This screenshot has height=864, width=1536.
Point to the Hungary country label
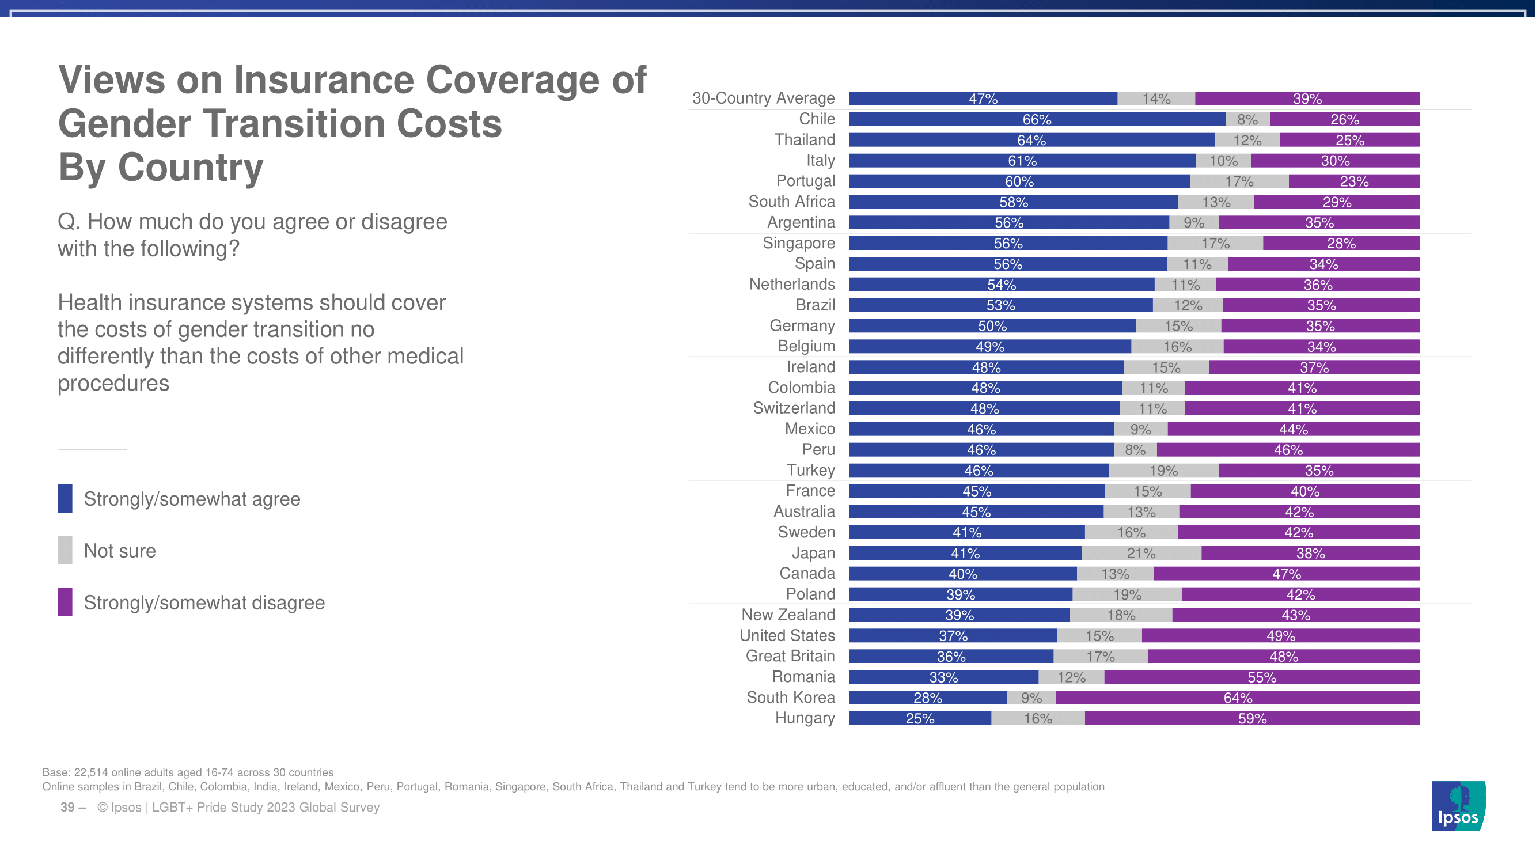pyautogui.click(x=805, y=718)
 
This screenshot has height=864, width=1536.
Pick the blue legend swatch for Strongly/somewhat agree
pyautogui.click(x=65, y=498)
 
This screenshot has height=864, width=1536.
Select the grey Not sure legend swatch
pyautogui.click(x=65, y=550)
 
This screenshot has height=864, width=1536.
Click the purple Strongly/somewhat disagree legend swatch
pyautogui.click(x=65, y=602)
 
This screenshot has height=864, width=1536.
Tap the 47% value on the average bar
pyautogui.click(x=983, y=99)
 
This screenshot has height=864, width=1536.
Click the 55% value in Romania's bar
pyautogui.click(x=1262, y=677)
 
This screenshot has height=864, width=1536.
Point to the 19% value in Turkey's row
pyautogui.click(x=1163, y=471)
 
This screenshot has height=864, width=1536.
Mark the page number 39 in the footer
pyautogui.click(x=67, y=808)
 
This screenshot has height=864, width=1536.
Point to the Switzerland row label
pyautogui.click(x=794, y=408)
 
